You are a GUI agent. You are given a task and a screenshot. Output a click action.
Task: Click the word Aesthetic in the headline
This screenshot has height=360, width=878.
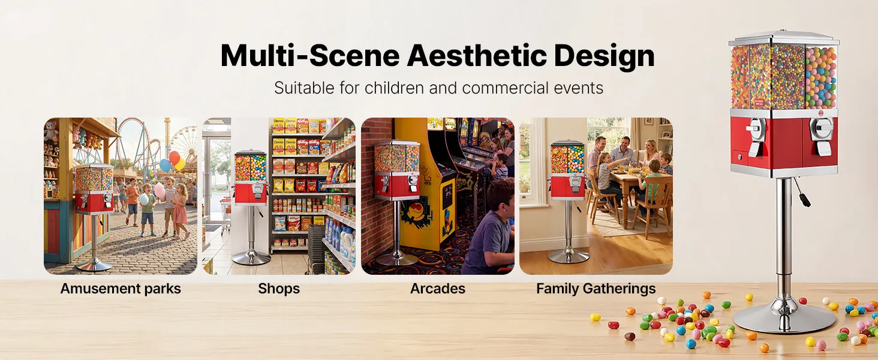click(x=477, y=55)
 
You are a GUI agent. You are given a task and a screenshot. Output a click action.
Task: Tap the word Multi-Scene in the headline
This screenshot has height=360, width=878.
click(x=310, y=55)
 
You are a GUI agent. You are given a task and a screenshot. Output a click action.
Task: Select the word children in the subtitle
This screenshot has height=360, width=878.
click(x=394, y=88)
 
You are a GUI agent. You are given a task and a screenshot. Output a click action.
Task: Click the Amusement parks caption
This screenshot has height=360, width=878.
click(x=121, y=289)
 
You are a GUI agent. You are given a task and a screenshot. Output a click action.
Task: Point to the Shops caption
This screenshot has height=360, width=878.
click(x=279, y=289)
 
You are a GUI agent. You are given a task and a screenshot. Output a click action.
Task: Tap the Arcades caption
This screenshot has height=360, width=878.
click(x=437, y=289)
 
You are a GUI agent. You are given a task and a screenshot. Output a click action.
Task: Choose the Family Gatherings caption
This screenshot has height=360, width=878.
click(x=596, y=289)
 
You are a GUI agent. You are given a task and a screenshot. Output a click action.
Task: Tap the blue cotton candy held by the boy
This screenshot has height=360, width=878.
click(x=144, y=199)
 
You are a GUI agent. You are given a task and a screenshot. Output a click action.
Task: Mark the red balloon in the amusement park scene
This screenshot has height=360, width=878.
click(x=175, y=158)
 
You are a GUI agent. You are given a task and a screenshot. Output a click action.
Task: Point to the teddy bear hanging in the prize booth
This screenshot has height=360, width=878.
click(x=51, y=131)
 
